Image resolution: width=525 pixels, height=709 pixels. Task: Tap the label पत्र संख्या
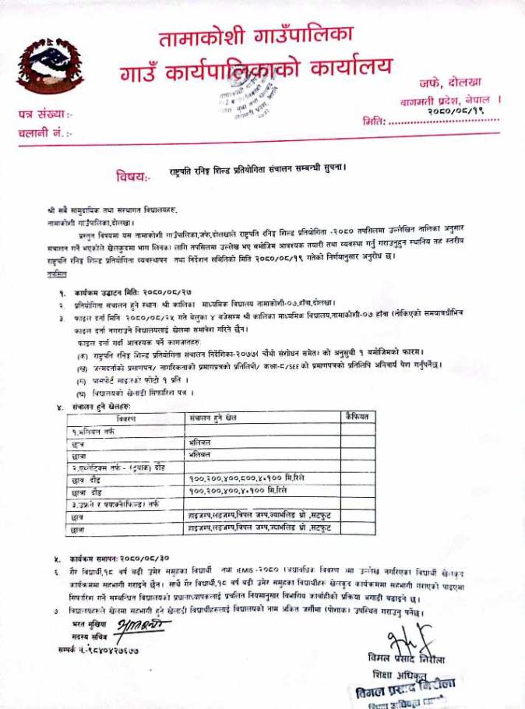(44, 115)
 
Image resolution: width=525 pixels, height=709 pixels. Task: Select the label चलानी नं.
(44, 134)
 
